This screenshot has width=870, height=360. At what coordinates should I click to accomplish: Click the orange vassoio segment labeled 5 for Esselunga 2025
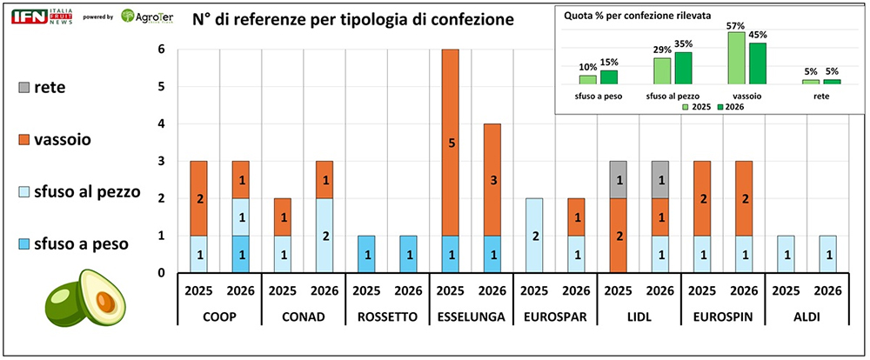coord(451,143)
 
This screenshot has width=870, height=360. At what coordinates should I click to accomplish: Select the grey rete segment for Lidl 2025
coord(618,180)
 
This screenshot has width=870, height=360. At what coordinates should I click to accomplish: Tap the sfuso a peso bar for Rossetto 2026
coord(409,255)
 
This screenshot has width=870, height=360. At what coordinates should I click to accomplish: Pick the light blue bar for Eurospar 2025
coord(534,236)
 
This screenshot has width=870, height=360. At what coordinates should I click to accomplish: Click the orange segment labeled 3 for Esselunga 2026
coord(492,180)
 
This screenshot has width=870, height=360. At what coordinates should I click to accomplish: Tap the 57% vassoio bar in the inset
coord(736,57)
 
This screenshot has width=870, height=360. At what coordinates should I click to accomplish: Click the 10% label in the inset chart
coord(588,67)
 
